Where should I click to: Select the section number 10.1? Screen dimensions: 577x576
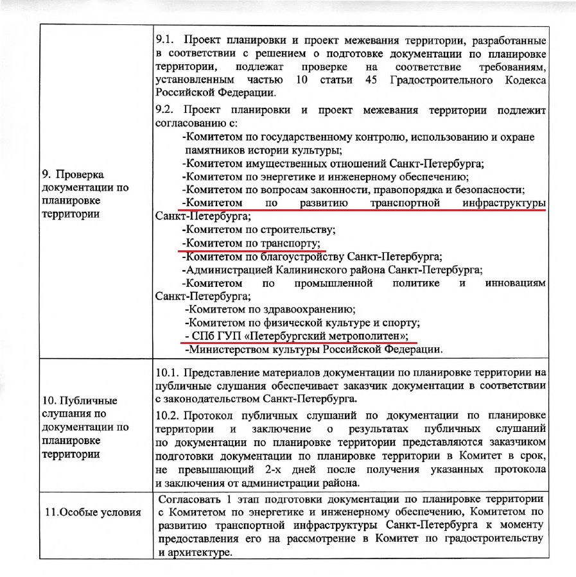pos(169,373)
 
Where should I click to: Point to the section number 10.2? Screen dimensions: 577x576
pos(169,415)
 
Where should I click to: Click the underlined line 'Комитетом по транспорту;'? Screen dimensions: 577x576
pos(251,243)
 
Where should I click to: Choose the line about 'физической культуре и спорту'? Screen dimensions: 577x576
pos(302,322)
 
